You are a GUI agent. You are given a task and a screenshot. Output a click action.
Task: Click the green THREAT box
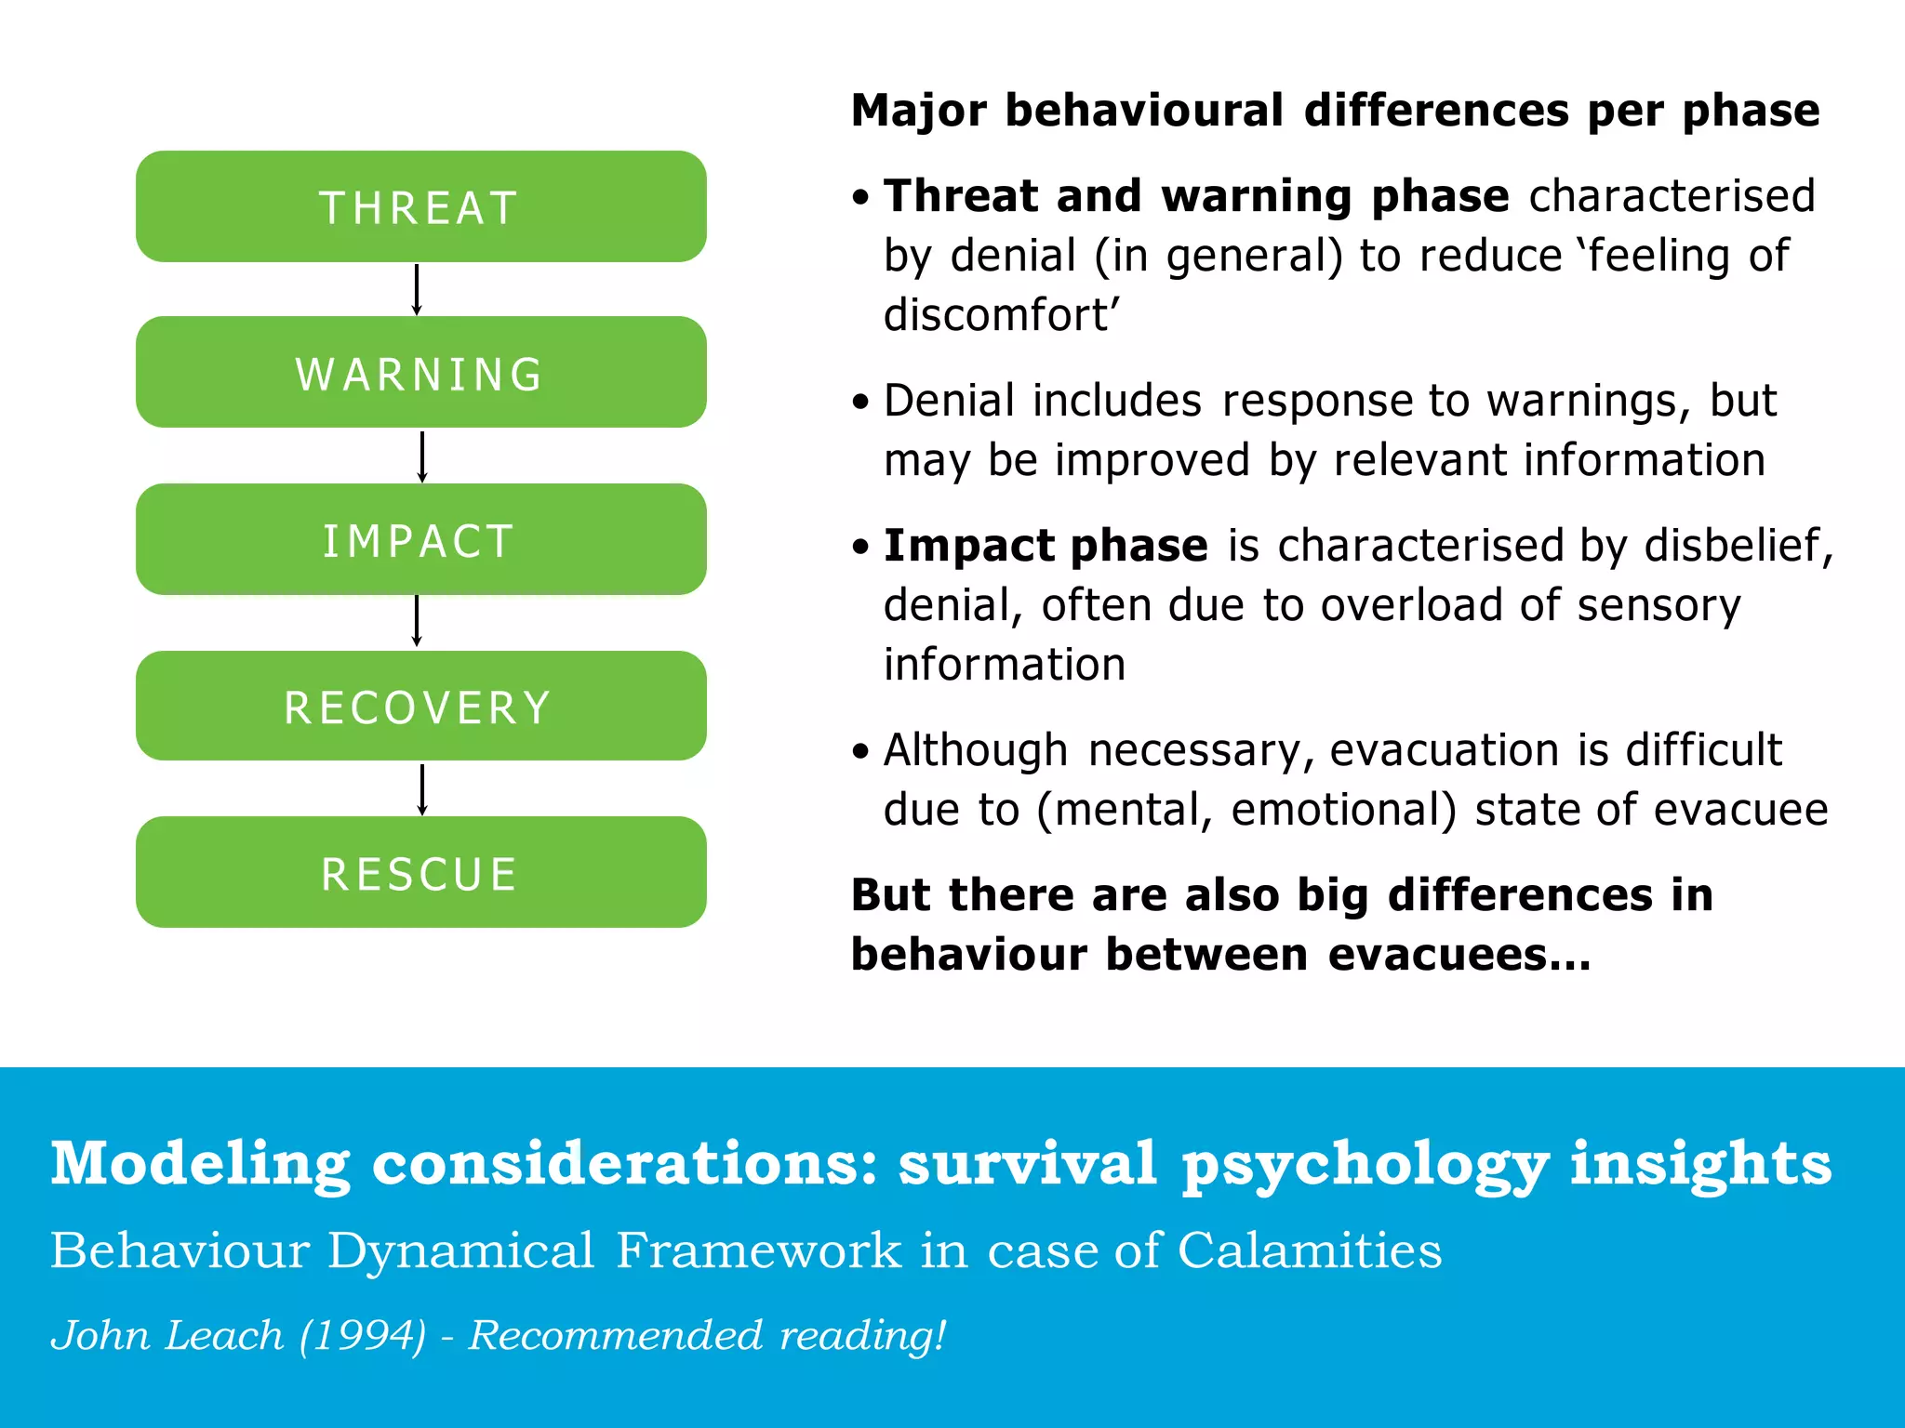tap(420, 206)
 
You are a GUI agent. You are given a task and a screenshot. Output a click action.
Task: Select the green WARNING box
tap(420, 372)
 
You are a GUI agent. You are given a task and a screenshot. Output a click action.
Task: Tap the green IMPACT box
tap(420, 539)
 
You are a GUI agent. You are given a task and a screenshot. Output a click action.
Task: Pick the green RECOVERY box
tap(420, 706)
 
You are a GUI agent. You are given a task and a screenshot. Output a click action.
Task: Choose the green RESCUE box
tap(420, 872)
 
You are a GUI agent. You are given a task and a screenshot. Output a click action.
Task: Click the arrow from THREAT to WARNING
tap(417, 289)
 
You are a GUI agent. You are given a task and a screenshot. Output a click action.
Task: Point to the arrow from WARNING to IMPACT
tap(422, 456)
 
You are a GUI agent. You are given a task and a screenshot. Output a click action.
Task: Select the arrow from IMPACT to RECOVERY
tap(417, 621)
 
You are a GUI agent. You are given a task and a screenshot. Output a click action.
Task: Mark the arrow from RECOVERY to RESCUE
tap(422, 788)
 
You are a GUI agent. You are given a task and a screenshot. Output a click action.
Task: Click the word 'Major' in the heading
tap(918, 111)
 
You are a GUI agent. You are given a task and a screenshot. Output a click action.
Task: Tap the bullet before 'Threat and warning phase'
tap(861, 197)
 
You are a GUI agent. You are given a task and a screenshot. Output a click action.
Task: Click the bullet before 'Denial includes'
tap(861, 402)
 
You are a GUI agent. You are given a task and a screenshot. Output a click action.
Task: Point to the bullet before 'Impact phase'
tap(861, 547)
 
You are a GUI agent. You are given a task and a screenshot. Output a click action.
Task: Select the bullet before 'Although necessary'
tap(861, 751)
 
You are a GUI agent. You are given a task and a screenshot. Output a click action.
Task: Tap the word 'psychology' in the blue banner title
tap(1365, 1165)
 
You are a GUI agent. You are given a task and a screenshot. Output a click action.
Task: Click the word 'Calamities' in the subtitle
tap(1310, 1250)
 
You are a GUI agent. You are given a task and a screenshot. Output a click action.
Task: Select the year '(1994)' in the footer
tap(363, 1336)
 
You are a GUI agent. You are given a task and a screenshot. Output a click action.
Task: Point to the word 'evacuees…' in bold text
tap(1459, 955)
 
